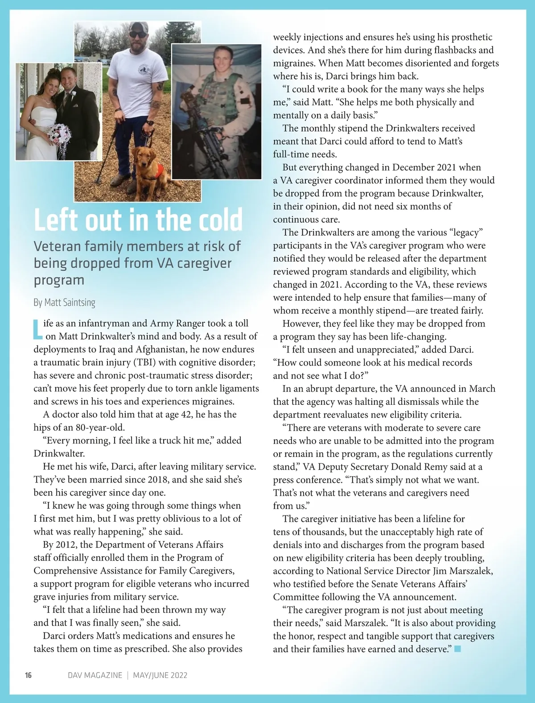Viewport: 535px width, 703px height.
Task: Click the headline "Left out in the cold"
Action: click(x=138, y=220)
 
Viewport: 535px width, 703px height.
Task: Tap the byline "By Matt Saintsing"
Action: click(x=64, y=303)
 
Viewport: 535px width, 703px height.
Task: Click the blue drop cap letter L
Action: click(x=38, y=329)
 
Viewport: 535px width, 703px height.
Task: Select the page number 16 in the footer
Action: click(x=28, y=675)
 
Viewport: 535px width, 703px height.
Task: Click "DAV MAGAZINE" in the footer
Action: click(x=95, y=675)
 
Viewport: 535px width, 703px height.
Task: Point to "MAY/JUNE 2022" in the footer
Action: click(x=160, y=675)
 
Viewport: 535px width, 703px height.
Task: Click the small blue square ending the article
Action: click(x=457, y=649)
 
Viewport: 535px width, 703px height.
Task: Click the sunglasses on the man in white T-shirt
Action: click(x=138, y=33)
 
